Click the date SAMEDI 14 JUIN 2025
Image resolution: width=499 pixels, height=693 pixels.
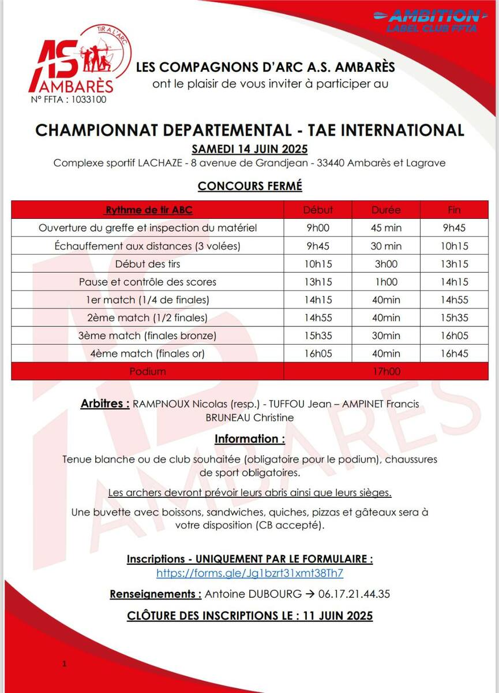pos(249,148)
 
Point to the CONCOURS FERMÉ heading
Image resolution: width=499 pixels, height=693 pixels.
pos(250,186)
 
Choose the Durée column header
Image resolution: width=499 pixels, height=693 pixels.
pos(386,210)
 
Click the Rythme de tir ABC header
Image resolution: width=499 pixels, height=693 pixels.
pos(148,210)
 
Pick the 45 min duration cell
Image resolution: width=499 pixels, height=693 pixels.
pos(386,228)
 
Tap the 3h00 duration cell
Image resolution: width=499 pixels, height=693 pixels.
pos(386,264)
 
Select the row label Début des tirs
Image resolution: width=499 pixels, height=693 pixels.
pos(148,264)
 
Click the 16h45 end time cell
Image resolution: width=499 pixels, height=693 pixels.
pos(454,353)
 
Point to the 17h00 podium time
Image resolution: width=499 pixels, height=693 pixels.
pos(386,371)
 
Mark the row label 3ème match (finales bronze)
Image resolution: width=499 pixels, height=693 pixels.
pos(148,336)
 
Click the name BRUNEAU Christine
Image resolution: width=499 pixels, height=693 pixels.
pos(249,418)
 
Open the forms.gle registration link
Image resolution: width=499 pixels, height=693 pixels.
pos(250,573)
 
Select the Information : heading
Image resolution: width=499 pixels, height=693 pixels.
pos(250,439)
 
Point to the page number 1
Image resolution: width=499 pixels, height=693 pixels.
pos(65,665)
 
